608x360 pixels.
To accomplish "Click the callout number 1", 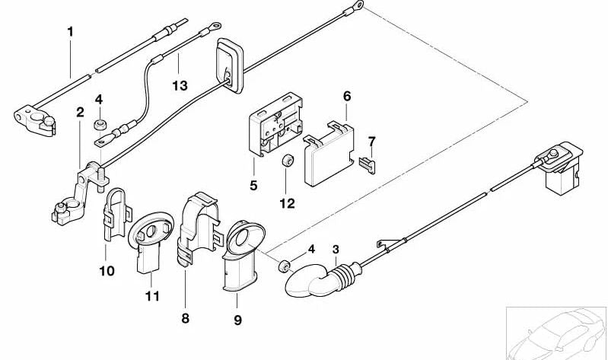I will pos(71,32).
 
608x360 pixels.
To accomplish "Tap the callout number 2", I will pos(79,113).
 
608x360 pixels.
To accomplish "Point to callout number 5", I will pos(253,185).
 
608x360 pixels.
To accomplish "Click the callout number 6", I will pos(346,97).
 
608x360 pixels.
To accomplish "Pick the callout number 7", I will pos(371,142).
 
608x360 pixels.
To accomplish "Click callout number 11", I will pos(152,295).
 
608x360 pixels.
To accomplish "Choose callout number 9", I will pos(237,320).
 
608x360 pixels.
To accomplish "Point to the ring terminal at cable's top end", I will pos(355,8).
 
